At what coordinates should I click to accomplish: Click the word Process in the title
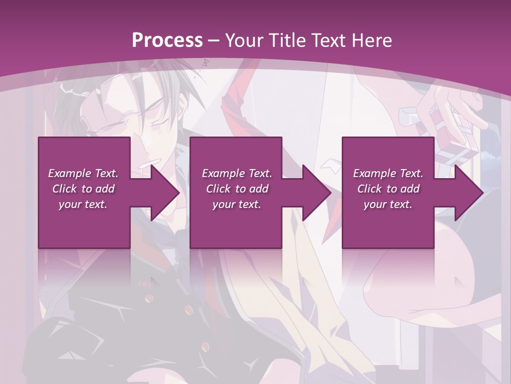click(167, 40)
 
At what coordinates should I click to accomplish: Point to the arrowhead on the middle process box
click(315, 193)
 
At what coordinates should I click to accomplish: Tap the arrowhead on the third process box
click(467, 193)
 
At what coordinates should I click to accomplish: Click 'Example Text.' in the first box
click(83, 173)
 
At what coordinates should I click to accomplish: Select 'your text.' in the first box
click(83, 204)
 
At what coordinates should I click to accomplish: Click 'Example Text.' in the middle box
click(237, 173)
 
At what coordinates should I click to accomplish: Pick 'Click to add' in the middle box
click(237, 189)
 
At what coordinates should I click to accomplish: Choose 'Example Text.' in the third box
click(388, 173)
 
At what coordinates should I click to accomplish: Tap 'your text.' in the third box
click(388, 204)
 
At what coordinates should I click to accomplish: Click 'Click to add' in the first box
click(83, 189)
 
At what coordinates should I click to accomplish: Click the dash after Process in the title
click(214, 41)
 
